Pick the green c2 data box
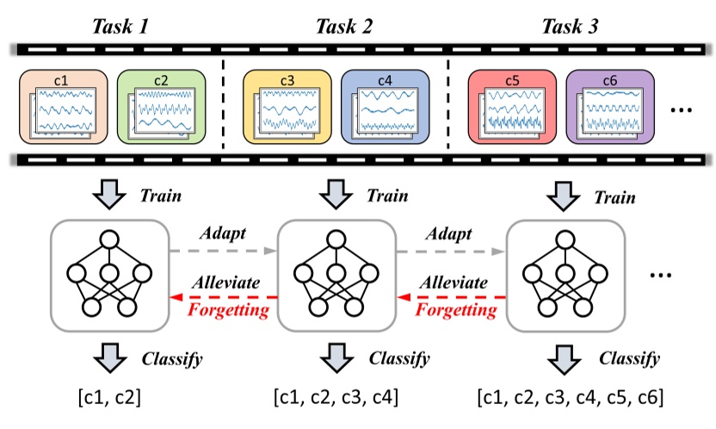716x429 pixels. pos(160,108)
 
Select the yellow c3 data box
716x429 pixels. pos(286,108)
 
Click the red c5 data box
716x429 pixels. pos(511,108)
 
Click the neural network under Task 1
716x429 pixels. pos(109,273)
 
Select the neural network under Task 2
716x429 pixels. pos(336,273)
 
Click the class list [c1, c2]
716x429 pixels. pos(109,399)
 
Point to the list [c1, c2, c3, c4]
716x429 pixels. pos(336,399)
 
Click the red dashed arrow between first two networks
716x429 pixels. pos(223,296)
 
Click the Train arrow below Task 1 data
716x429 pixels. pos(109,195)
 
